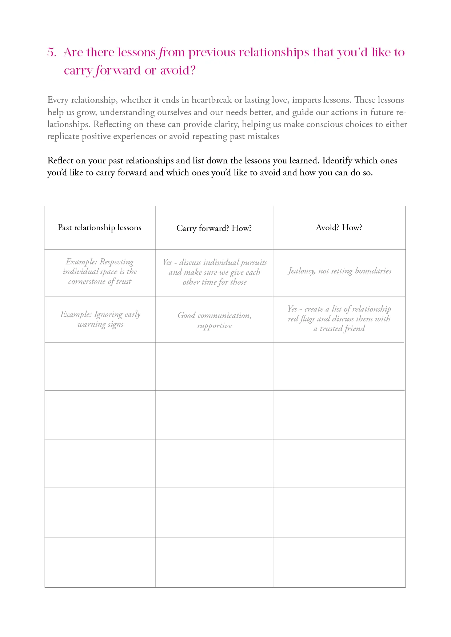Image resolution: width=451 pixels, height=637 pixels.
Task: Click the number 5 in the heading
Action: tap(51, 53)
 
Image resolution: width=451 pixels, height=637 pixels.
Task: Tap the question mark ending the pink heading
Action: tap(193, 70)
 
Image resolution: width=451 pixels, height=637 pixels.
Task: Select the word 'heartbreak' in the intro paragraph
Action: tap(212, 100)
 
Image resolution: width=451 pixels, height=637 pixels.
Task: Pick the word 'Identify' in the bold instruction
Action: tap(337, 161)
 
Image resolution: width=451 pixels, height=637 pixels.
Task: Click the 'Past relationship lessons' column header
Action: tap(100, 228)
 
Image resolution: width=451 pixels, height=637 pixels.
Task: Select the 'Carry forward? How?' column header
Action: tap(214, 228)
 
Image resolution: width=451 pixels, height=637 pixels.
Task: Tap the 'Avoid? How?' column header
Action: tap(339, 228)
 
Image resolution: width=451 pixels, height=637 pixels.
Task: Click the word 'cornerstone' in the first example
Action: tap(87, 281)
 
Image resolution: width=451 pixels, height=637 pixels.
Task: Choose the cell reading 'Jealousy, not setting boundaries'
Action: tap(339, 271)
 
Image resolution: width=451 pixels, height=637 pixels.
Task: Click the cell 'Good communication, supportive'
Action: tap(214, 320)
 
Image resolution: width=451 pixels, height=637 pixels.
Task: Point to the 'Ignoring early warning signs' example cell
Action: tap(100, 319)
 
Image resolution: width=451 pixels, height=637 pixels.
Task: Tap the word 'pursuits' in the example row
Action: tap(254, 263)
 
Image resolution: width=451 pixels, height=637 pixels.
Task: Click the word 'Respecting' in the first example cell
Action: tap(117, 262)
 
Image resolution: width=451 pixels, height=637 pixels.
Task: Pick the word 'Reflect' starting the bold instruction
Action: tap(60, 161)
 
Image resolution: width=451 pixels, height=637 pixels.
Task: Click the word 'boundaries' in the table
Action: tap(373, 271)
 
